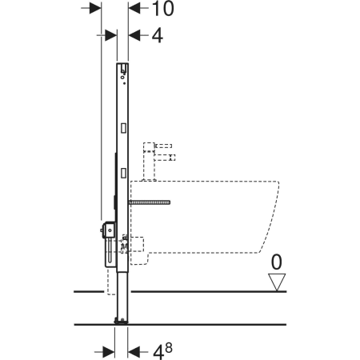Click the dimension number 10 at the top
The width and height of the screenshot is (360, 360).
click(163, 9)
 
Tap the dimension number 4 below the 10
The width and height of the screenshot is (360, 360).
click(158, 35)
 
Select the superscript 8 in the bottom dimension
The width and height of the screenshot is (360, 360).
click(169, 348)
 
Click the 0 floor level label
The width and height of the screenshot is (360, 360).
click(276, 262)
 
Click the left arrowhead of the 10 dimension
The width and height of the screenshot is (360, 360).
click(95, 8)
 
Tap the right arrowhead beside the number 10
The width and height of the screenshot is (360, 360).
click(134, 8)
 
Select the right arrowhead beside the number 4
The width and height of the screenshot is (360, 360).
click(134, 35)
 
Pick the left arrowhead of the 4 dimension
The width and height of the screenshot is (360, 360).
click(111, 35)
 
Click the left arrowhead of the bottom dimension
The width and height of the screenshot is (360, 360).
click(109, 352)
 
